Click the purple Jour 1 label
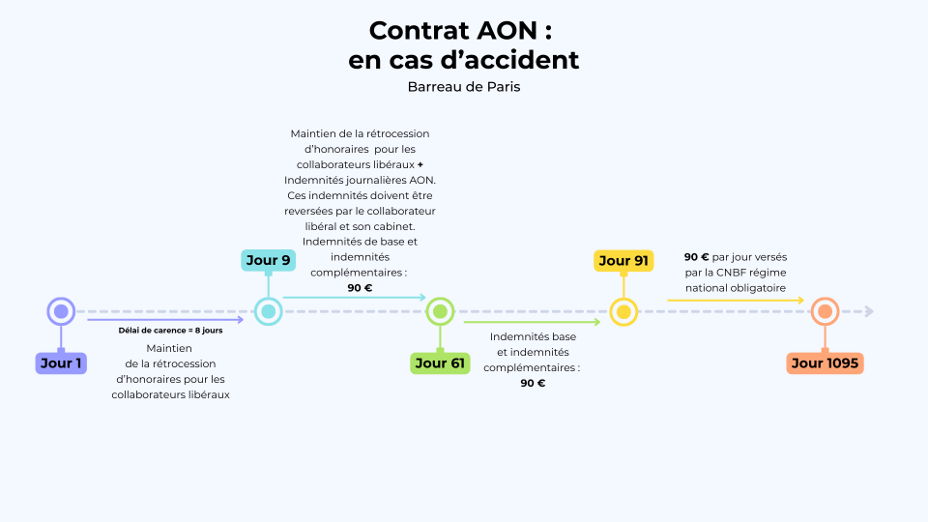pos(61,363)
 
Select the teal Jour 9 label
pos(268,260)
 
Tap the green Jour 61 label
pos(440,363)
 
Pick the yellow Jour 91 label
pos(623,261)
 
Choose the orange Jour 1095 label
pos(825,363)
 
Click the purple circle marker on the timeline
pos(61,311)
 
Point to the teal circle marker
pos(268,311)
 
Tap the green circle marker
pos(440,311)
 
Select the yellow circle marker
pos(623,311)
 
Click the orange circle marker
pos(825,311)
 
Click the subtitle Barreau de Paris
pos(464,87)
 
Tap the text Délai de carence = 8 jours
pos(171,331)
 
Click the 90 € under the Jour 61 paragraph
pos(533,383)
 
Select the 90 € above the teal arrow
pos(360,287)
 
